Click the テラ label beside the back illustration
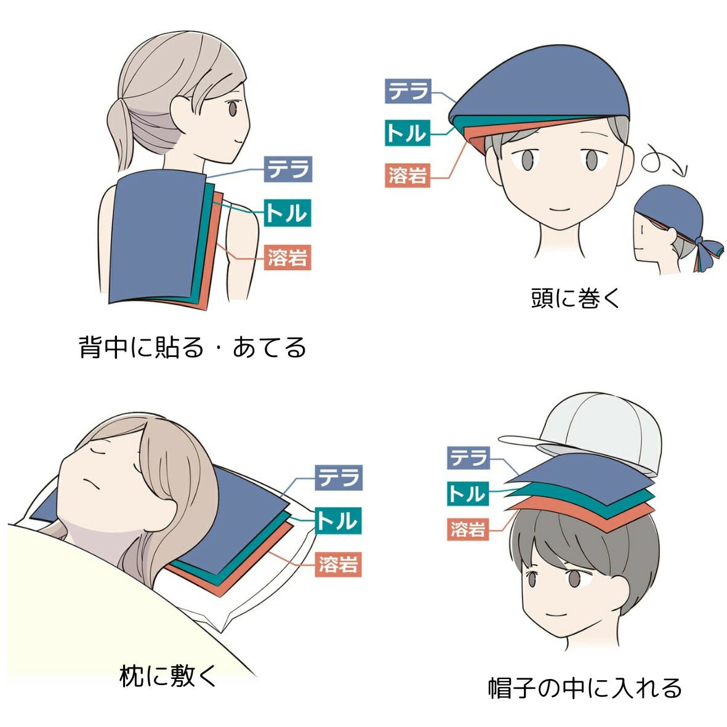[x=288, y=169]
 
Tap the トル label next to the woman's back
[x=287, y=213]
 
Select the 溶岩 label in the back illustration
[x=287, y=257]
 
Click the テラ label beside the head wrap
[x=408, y=91]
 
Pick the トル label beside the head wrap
[x=407, y=132]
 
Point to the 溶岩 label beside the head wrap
[x=408, y=175]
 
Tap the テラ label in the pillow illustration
[x=339, y=478]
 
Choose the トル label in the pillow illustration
[x=338, y=521]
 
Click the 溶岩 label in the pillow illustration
[x=338, y=564]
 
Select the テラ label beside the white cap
[x=468, y=458]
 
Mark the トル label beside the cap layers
[x=467, y=493]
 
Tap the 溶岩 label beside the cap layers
[x=468, y=529]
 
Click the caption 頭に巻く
[x=575, y=298]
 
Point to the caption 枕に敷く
[x=168, y=675]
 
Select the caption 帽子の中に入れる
[x=585, y=688]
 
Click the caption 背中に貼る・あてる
[x=193, y=347]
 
